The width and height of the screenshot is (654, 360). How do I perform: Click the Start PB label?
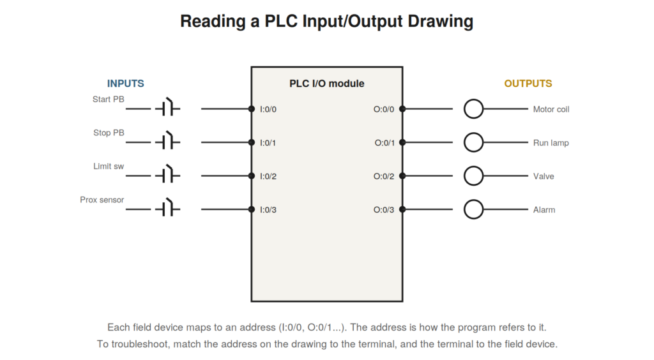109,99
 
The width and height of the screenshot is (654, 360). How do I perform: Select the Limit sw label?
109,166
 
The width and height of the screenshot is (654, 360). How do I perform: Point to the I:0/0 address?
268,109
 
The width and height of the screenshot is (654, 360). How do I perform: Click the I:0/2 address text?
268,176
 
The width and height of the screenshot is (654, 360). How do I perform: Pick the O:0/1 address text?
384,143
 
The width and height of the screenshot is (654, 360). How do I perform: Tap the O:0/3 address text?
384,209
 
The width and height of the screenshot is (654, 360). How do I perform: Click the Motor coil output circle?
473,100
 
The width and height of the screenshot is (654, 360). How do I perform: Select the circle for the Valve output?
473,167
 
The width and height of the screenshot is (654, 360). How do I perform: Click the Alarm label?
544,209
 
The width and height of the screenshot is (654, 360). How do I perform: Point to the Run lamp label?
551,143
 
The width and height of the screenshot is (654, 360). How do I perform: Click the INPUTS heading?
126,84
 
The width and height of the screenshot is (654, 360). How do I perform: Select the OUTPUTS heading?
528,84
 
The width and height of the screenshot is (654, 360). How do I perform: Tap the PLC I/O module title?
327,84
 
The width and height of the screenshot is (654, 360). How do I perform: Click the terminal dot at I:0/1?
252,142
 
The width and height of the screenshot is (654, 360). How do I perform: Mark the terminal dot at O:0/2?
402,176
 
